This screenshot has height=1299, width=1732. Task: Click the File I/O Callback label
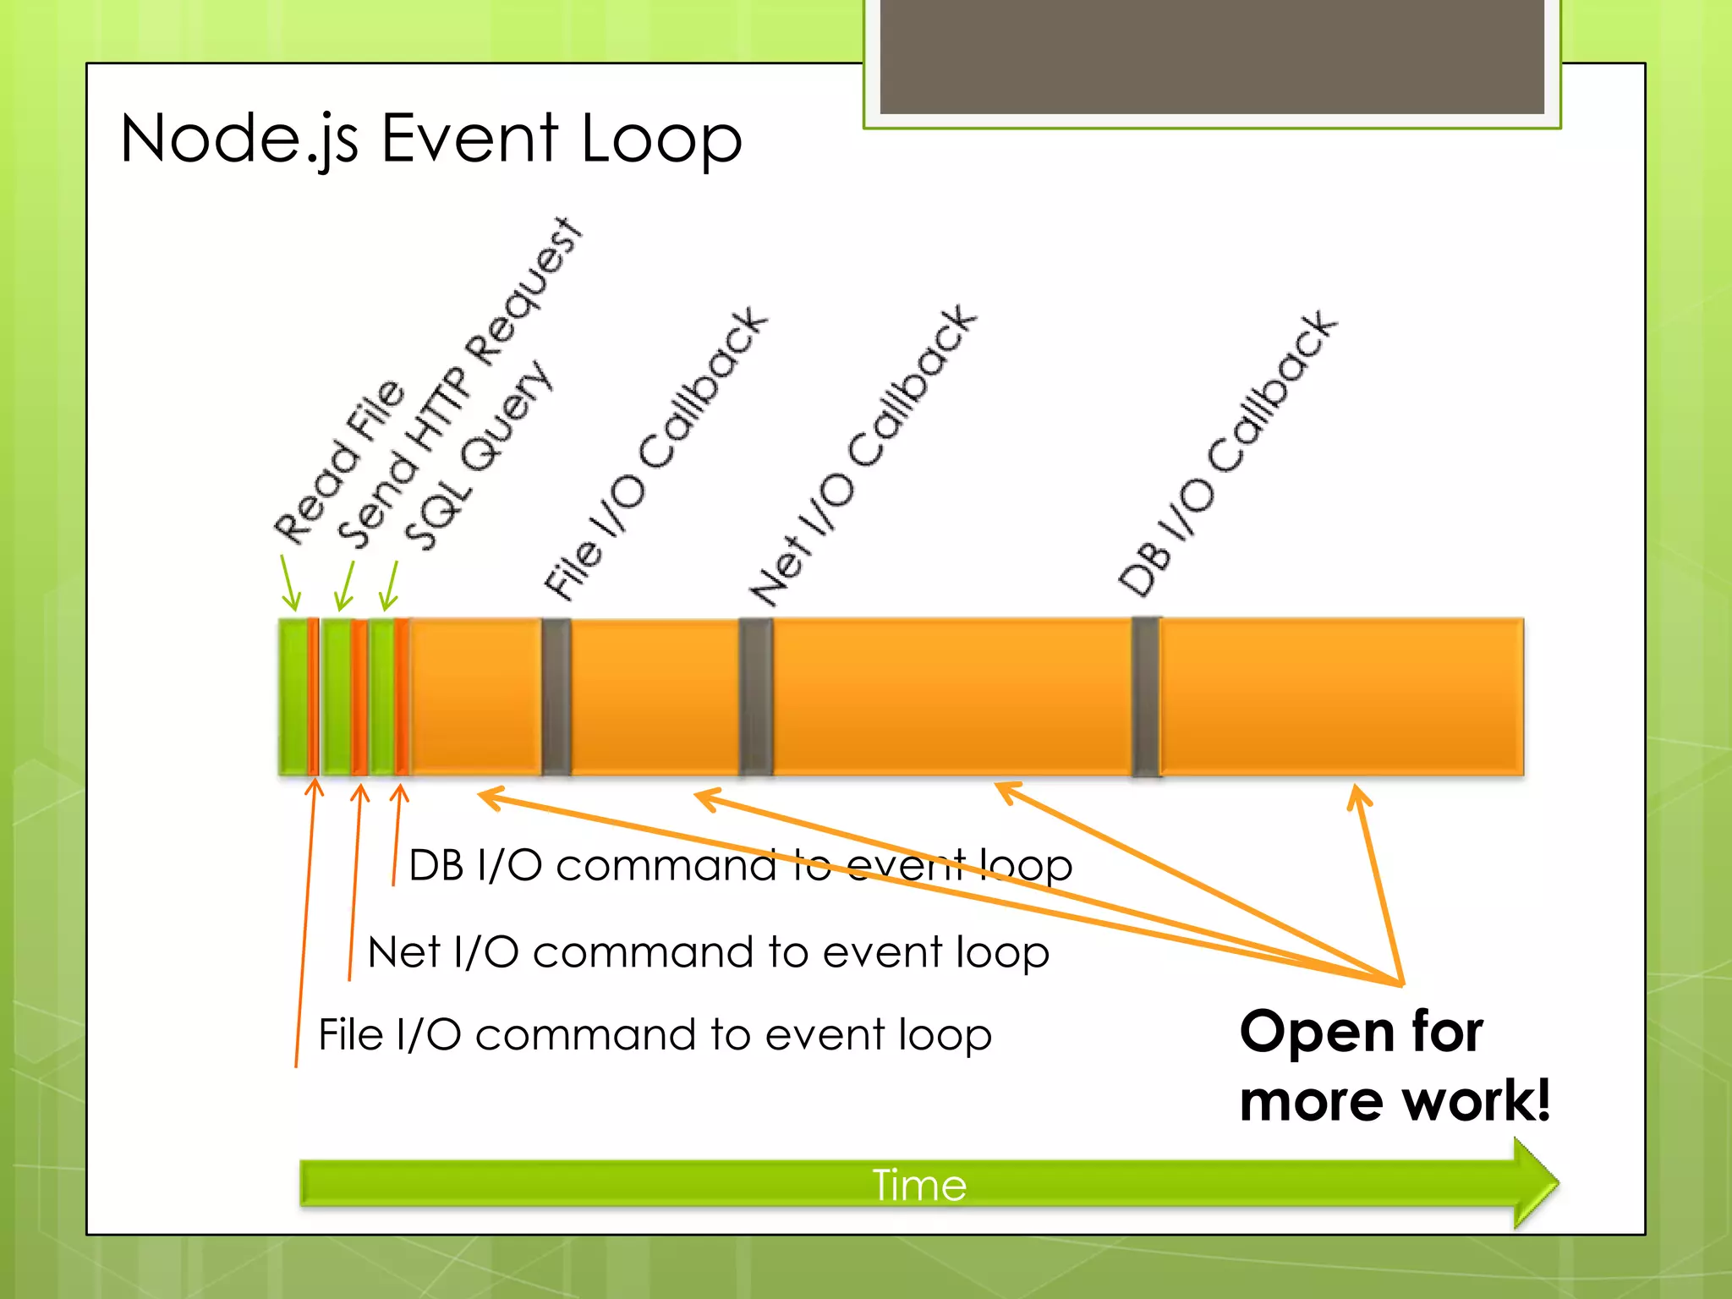pos(655,453)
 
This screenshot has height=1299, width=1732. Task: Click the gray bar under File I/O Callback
pos(556,696)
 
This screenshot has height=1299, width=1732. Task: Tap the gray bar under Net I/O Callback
pos(755,696)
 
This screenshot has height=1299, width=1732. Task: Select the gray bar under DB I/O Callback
pos(1146,696)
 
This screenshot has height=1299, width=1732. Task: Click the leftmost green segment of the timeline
pos(293,696)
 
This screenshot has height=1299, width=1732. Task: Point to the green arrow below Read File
pos(290,584)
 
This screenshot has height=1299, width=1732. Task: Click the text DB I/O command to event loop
pos(740,865)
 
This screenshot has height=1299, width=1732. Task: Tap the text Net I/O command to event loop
pos(709,952)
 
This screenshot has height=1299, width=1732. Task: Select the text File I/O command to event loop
pos(655,1034)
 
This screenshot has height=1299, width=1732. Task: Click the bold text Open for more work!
pos(1394,1066)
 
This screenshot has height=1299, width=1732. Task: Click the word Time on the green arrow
pos(919,1185)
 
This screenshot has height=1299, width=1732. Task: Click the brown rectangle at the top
pos(1212,56)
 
